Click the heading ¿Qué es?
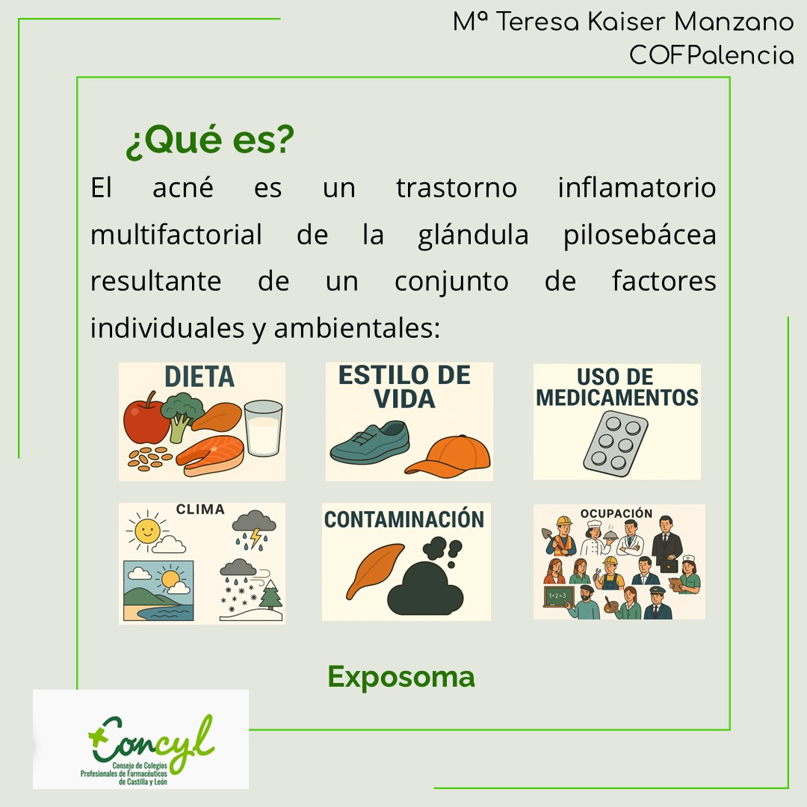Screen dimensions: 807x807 (210, 142)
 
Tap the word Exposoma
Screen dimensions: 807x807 (401, 677)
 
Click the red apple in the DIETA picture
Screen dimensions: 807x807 (146, 421)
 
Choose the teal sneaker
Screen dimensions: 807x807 (371, 444)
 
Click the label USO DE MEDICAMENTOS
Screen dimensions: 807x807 (616, 387)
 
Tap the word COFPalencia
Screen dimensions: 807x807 (711, 55)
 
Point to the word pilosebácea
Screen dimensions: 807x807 (640, 235)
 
